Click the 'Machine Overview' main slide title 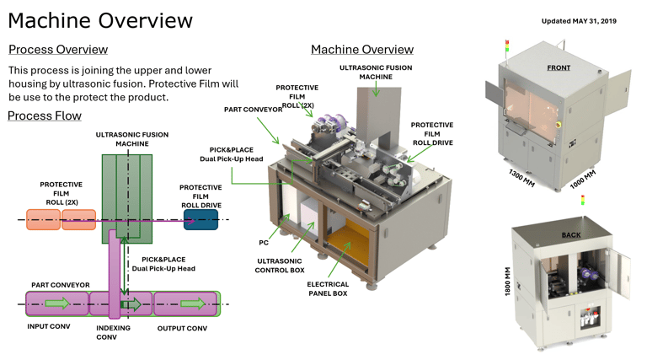100,20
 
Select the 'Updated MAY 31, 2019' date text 579,21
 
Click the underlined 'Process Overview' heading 58,50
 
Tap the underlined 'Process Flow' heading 45,116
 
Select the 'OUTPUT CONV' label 182,328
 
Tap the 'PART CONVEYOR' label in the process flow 61,285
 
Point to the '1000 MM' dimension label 582,180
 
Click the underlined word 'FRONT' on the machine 559,67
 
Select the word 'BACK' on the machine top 571,235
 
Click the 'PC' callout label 264,243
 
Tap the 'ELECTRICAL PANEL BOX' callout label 328,289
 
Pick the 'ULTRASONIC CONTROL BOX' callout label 279,266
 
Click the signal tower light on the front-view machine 507,47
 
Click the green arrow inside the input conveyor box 56,304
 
